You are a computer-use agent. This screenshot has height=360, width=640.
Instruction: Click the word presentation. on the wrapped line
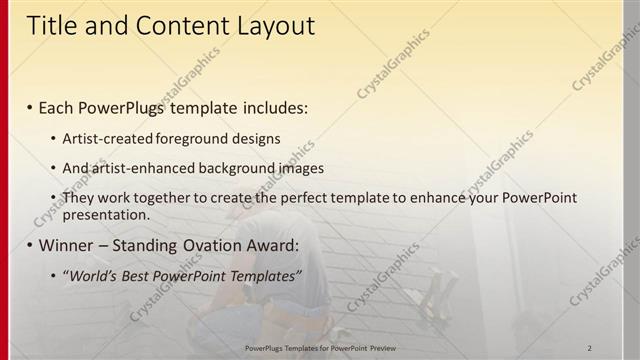click(x=106, y=214)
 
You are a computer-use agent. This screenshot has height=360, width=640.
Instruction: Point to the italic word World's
click(x=91, y=275)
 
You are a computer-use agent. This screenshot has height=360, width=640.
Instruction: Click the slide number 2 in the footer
click(x=590, y=346)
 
